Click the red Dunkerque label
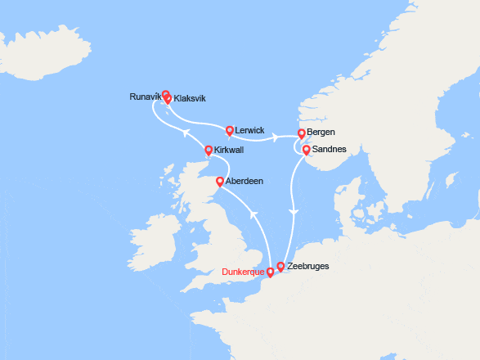(x=244, y=272)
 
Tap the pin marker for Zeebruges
(x=280, y=266)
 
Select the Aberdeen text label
(x=245, y=181)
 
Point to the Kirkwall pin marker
(x=209, y=150)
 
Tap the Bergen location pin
(x=302, y=133)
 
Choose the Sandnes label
(x=330, y=150)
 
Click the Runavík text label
(x=145, y=97)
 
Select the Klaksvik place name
(x=190, y=99)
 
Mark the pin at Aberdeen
(x=220, y=181)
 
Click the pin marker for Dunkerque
(x=271, y=272)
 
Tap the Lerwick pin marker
(x=230, y=129)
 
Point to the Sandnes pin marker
(x=306, y=150)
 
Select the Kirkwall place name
(x=232, y=151)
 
